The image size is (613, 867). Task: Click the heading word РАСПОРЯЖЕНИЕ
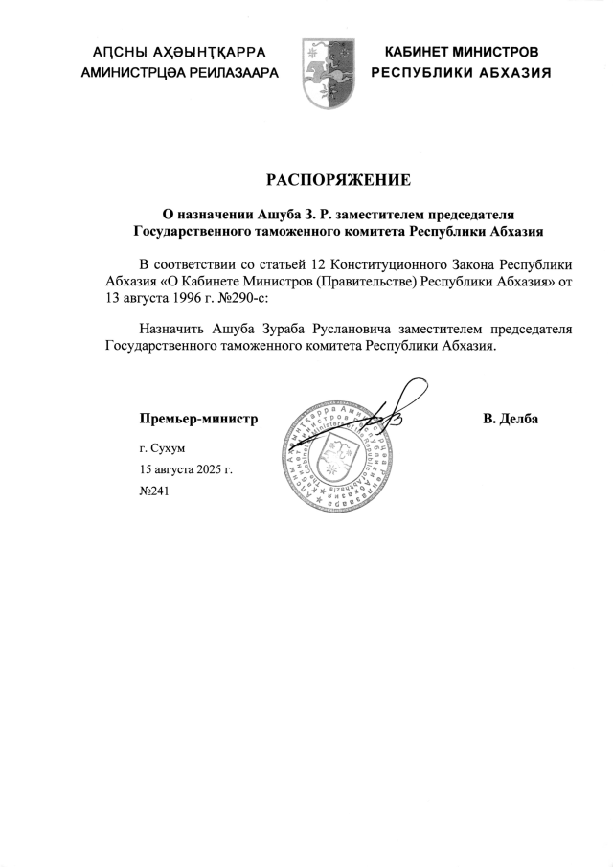337,179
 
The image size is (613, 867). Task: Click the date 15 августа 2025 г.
186,470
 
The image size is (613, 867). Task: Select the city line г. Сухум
161,447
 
